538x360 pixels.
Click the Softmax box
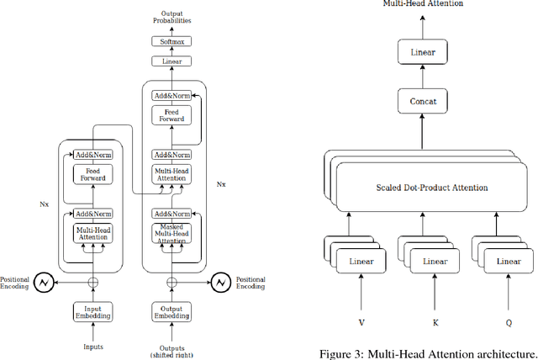point(171,42)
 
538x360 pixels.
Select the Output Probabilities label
point(171,16)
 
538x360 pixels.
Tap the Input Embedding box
point(92,311)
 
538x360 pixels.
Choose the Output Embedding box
point(171,311)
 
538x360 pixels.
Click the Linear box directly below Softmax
point(171,61)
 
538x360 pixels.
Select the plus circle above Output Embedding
point(171,283)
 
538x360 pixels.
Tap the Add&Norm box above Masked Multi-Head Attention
point(171,214)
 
